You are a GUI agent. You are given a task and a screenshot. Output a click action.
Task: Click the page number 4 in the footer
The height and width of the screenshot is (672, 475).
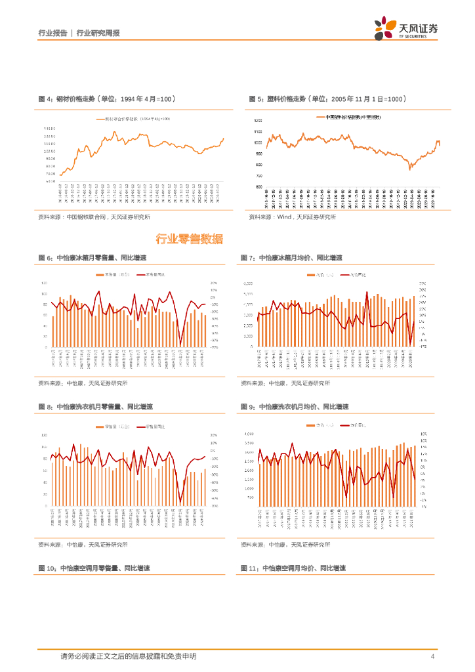[x=432, y=657]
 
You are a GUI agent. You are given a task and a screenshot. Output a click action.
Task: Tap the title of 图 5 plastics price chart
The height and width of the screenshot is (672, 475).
[x=327, y=98]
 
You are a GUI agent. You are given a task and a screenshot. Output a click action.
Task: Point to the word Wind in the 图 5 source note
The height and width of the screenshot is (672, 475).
[x=285, y=217]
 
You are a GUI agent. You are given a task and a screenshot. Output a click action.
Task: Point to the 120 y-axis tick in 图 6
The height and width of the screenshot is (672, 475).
[x=43, y=282]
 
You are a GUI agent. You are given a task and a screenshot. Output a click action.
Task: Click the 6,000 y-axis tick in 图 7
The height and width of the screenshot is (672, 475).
[x=248, y=282]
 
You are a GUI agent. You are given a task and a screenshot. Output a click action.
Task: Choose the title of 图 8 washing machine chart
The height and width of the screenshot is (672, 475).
[x=94, y=407]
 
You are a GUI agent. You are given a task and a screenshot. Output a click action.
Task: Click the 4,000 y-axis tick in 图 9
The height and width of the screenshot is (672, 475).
[x=249, y=434]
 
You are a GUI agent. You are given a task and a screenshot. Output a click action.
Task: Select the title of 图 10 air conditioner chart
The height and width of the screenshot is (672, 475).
[x=96, y=568]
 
